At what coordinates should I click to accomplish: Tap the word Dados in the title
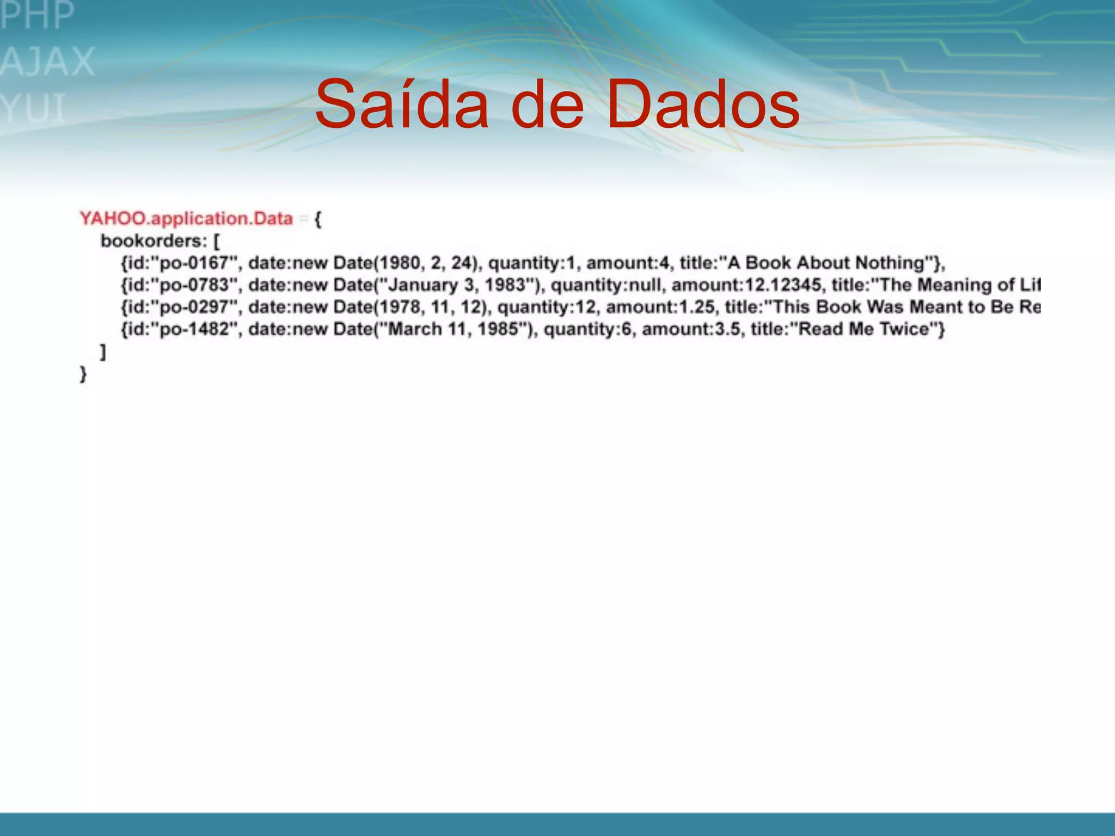(702, 104)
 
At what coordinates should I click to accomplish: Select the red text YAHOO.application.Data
(186, 219)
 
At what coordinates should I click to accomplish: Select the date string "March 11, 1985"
(452, 329)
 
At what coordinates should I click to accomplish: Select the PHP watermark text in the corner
(37, 15)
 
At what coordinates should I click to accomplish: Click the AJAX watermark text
(48, 62)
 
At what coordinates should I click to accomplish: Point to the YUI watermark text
(34, 108)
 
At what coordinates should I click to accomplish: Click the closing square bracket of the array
(103, 352)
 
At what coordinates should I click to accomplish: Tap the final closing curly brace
(83, 374)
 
